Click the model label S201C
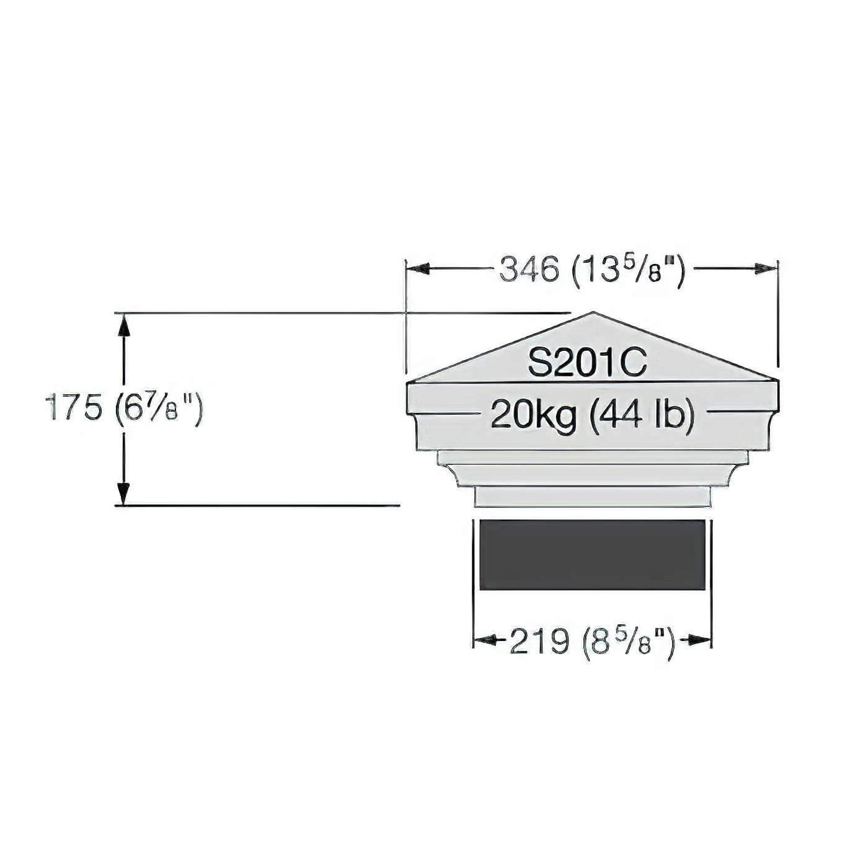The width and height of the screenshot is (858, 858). coord(587,364)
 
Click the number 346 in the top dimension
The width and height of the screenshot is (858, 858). coord(530,269)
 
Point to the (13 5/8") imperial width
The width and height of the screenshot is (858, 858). coord(627,270)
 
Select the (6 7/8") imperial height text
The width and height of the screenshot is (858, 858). coord(157,410)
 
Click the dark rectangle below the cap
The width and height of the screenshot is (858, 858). coord(592,554)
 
